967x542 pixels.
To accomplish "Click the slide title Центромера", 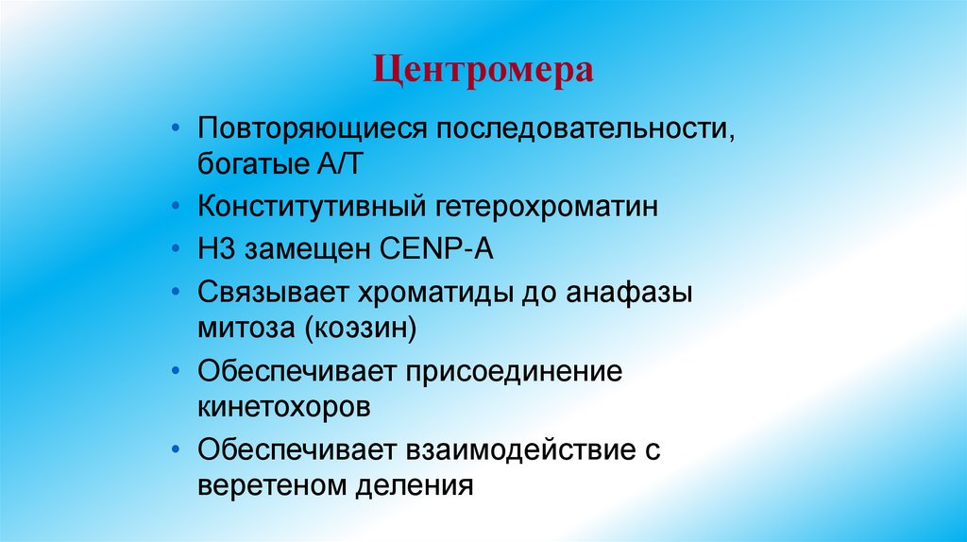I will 483,70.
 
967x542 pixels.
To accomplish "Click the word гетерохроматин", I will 545,208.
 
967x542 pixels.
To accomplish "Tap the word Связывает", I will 270,292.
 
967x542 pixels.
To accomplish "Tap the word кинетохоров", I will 283,408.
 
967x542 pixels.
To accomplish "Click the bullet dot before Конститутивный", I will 179,208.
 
